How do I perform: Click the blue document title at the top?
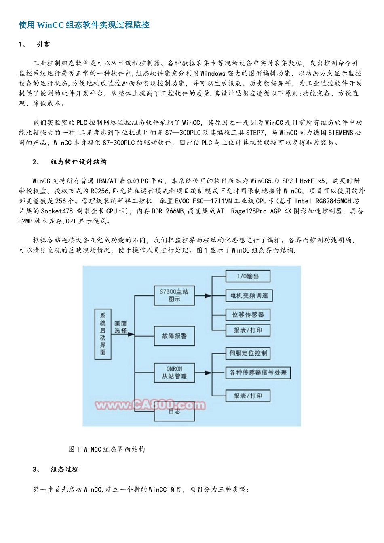pos(84,25)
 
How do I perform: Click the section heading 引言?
pos(43,44)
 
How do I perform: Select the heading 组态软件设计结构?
pos(78,162)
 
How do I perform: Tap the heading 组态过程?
pos(64,469)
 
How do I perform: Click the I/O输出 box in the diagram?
pos(247,276)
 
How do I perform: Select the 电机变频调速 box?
pos(249,296)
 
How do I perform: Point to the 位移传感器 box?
pos(247,315)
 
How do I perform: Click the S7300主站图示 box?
pos(174,295)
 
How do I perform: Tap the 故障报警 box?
pos(174,336)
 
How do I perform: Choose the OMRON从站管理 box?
pos(174,373)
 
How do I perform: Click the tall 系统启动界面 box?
pos(103,335)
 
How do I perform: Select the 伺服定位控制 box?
pos(247,354)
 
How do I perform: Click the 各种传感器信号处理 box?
pos(258,373)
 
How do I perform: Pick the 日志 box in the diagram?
pos(174,412)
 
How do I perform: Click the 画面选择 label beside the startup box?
pos(120,327)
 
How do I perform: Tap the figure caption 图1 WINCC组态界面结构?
pos(107,449)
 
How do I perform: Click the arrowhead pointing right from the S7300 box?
pos(208,296)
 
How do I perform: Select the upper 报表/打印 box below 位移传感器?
pos(247,330)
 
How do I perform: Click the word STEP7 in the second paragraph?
pos(255,133)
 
